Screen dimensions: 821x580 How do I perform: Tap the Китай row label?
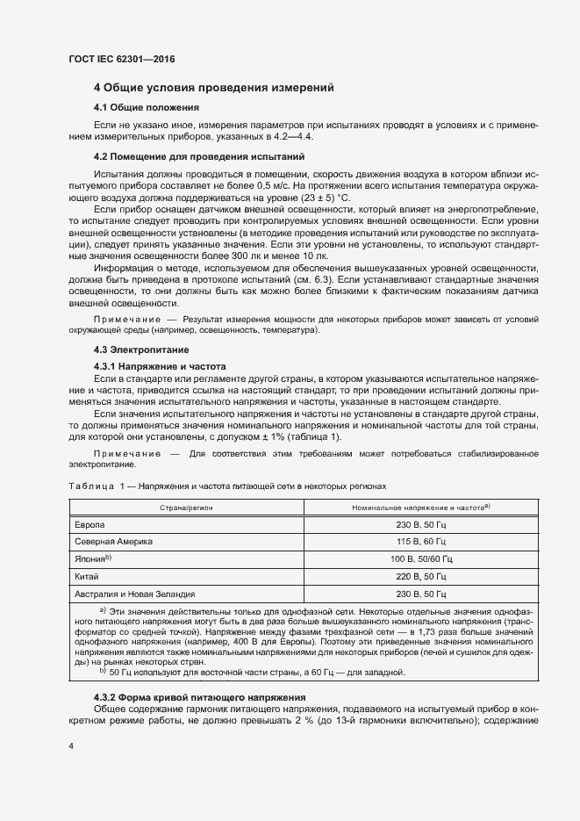click(88, 576)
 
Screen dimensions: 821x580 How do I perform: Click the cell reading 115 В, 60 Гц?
click(420, 541)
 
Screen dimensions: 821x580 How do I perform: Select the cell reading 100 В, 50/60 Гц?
click(420, 558)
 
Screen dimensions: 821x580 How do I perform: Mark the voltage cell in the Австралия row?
click(420, 594)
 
